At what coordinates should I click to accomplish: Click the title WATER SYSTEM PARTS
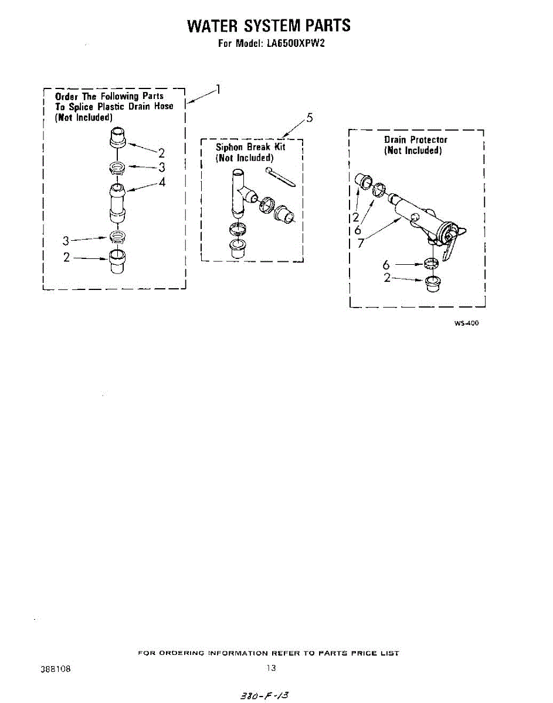point(269,26)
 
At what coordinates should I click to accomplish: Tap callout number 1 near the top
point(218,90)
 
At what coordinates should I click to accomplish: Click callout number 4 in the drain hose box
point(161,182)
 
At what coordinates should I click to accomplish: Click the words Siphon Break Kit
point(250,147)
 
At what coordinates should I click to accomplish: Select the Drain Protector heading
point(415,139)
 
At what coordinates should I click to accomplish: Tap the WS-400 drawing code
point(466,323)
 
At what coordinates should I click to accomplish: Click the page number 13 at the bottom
point(270,668)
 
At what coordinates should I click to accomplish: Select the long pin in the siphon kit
point(280,178)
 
